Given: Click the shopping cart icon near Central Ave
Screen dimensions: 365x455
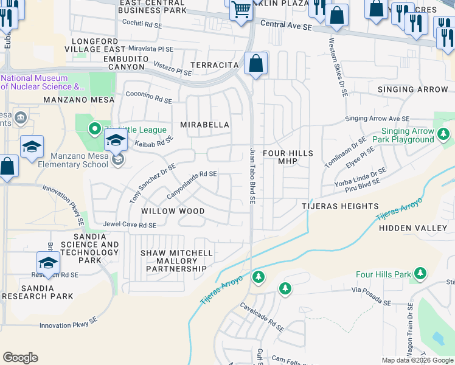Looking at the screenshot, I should coord(241,11).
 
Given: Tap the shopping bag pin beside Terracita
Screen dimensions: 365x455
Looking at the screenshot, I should coord(256,63).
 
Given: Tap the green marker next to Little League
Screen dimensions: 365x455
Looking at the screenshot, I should coord(94,129).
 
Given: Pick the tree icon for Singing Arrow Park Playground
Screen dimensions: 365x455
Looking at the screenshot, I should coord(444,133).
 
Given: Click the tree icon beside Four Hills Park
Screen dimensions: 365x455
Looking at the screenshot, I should coord(419,274).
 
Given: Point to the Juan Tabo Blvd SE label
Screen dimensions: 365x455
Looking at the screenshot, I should coord(252,175).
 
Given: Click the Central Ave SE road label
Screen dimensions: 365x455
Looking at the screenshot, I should coord(286,25).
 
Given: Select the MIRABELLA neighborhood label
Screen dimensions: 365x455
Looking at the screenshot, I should coord(205,125).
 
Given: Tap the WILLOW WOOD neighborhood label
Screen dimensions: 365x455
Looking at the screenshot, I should coord(173,211).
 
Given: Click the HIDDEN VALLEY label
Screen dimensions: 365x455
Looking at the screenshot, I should coord(413,228).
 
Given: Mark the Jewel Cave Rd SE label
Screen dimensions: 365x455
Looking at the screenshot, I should coord(130,225).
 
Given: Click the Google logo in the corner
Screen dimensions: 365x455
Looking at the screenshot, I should coord(20,358).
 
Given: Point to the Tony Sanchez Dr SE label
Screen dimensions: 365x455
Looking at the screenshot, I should coord(152,183).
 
